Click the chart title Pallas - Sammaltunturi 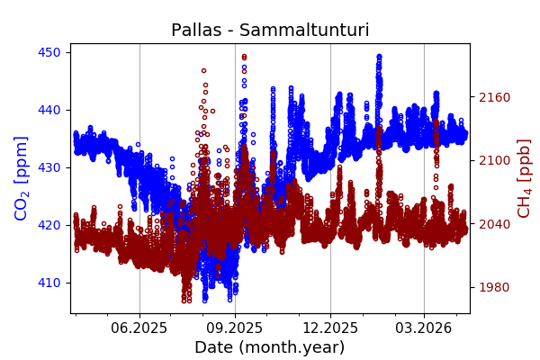pyautogui.click(x=270, y=30)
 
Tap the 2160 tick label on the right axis pyautogui.click(x=492, y=97)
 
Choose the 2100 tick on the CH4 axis pyautogui.click(x=492, y=160)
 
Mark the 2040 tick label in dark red pyautogui.click(x=492, y=224)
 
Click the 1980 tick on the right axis pyautogui.click(x=492, y=287)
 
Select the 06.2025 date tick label pyautogui.click(x=139, y=328)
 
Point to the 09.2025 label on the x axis pyautogui.click(x=235, y=328)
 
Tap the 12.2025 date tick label pyautogui.click(x=330, y=328)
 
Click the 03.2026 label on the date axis pyautogui.click(x=424, y=328)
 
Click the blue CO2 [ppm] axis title pyautogui.click(x=22, y=177)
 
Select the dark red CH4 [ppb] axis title pyautogui.click(x=525, y=177)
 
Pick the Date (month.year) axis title pyautogui.click(x=270, y=347)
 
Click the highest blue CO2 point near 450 pyautogui.click(x=379, y=56)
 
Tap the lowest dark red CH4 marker pyautogui.click(x=184, y=301)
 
